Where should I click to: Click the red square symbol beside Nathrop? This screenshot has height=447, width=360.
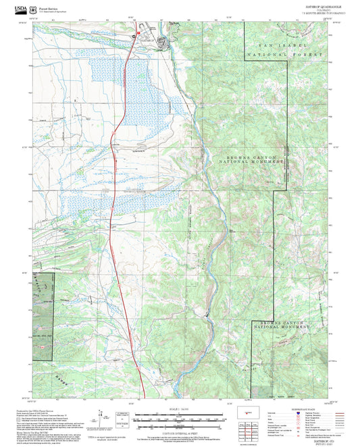click(138, 32)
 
